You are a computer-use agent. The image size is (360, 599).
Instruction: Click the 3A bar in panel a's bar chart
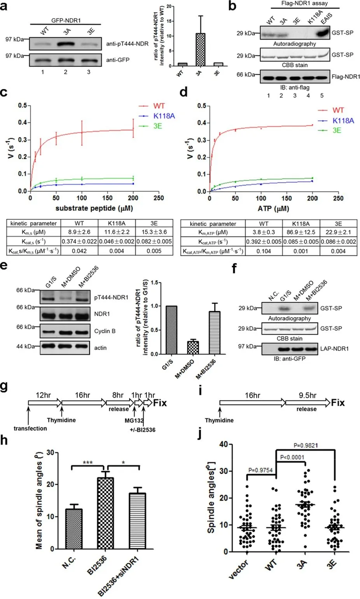point(200,49)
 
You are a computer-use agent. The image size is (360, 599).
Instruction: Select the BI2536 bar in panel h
point(105,513)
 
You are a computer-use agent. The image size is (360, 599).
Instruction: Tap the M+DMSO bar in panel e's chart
point(193,348)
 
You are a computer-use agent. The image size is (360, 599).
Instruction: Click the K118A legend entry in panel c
point(157,116)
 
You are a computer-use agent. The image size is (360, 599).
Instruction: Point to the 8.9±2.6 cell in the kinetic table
point(79,232)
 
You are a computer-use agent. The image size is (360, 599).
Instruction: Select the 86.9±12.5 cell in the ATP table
point(301,232)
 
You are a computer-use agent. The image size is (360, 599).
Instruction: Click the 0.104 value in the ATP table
point(264,251)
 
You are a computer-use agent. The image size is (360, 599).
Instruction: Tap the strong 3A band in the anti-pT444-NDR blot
point(66,44)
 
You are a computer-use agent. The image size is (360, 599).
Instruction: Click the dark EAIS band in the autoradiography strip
point(323,33)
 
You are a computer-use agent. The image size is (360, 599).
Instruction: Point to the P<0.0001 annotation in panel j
point(292,457)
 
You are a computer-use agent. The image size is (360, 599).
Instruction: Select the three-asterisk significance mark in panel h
point(88,462)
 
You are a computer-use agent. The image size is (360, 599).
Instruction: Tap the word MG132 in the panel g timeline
point(134,420)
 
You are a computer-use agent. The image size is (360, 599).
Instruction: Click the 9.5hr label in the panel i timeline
point(308,395)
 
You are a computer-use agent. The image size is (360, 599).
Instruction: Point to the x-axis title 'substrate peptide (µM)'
point(94,208)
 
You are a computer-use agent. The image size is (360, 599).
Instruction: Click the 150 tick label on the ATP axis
point(287,198)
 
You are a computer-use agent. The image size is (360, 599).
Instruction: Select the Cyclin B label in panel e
point(105,331)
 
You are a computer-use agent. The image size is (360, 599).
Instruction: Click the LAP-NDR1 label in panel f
point(334,349)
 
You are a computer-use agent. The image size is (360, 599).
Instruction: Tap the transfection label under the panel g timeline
point(30,428)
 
